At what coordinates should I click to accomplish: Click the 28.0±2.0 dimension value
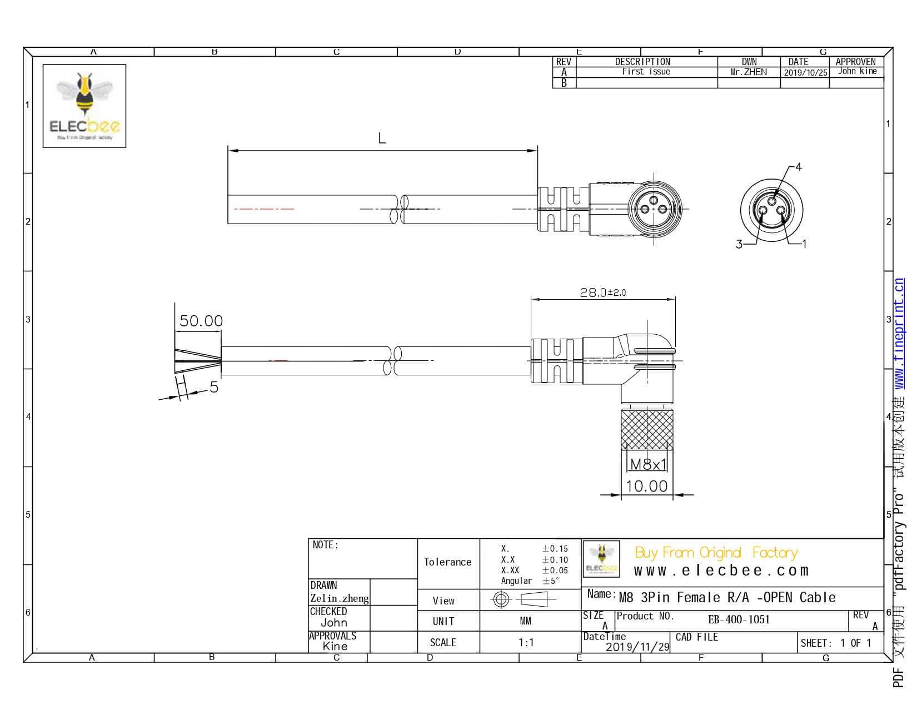coord(602,292)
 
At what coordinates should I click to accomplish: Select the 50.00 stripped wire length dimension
coord(201,321)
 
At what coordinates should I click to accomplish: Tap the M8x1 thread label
coord(647,464)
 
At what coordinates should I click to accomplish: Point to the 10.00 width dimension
coord(646,486)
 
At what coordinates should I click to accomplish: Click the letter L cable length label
coord(382,138)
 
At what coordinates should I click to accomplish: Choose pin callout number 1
coord(804,244)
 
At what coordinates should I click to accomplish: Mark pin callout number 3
coord(739,244)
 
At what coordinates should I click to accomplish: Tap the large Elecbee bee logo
coord(84,106)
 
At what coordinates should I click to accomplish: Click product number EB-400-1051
coord(739,619)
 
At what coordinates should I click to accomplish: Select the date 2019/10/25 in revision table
coord(805,72)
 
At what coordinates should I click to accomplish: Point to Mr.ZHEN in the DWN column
coord(748,72)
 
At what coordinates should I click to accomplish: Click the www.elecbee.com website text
coord(721,571)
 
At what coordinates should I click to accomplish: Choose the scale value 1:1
coord(526,643)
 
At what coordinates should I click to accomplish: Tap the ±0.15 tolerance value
coord(555,549)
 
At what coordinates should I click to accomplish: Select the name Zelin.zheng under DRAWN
coord(339,598)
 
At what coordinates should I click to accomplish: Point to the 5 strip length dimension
coord(213,387)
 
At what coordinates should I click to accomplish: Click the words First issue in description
coord(646,72)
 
